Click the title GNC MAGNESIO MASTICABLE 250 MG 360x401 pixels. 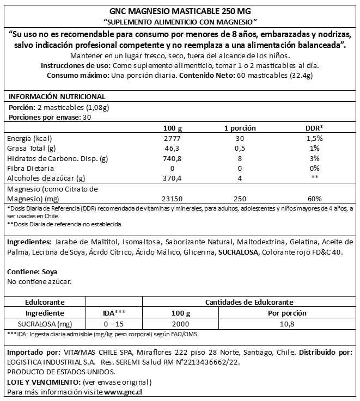(x=180, y=11)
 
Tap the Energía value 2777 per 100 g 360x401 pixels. (x=173, y=139)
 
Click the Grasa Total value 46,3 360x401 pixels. (x=173, y=149)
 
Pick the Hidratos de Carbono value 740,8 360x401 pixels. (x=173, y=158)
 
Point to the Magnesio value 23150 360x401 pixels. (x=173, y=199)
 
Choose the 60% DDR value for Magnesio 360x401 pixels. (x=314, y=199)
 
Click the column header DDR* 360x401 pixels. (x=314, y=128)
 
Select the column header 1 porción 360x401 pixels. (x=240, y=128)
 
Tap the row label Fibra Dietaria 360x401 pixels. (x=30, y=168)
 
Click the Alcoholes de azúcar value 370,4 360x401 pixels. (x=173, y=178)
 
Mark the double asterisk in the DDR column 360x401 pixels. (x=314, y=178)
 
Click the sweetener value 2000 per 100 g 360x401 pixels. (x=176, y=323)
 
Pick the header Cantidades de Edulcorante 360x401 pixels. (x=249, y=302)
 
